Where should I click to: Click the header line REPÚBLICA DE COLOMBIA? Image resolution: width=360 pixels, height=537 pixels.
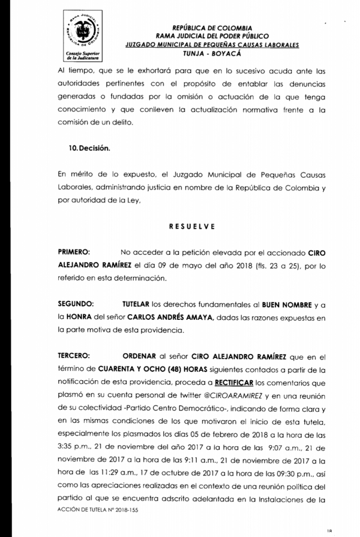coord(212,28)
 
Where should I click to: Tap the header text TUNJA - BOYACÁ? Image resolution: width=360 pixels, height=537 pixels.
coord(212,53)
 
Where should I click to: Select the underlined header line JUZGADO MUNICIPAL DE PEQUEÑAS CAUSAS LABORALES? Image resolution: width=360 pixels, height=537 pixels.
coord(212,45)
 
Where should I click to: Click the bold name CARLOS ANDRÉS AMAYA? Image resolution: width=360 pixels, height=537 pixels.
coord(168,317)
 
